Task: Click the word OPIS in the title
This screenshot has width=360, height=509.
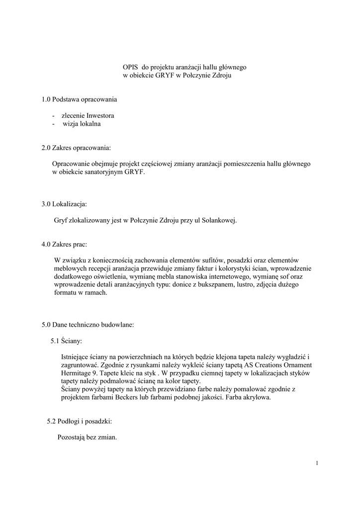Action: (131, 67)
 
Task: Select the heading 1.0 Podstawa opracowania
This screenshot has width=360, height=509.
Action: (80, 100)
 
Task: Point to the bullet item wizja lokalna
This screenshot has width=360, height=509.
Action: (81, 124)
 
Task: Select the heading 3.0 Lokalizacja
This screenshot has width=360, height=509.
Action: (65, 204)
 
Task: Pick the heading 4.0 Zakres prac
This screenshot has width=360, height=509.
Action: (65, 244)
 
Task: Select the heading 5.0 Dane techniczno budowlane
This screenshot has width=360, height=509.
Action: (88, 325)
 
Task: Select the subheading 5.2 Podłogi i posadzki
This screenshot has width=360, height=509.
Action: (80, 422)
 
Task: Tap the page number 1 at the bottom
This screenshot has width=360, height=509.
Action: (317, 463)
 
